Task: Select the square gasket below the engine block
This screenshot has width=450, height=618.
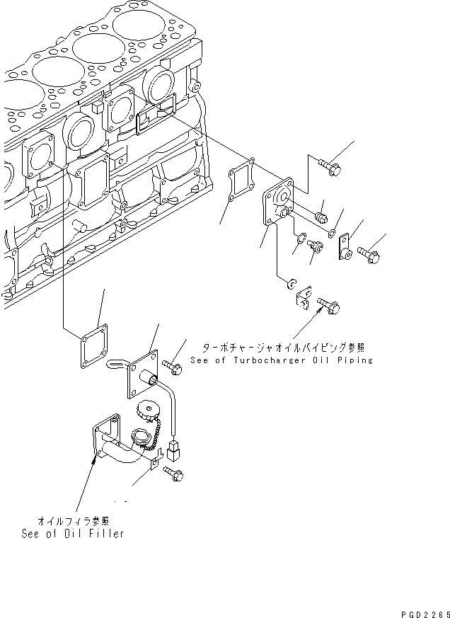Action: [92, 347]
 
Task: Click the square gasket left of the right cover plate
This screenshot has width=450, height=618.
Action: [241, 183]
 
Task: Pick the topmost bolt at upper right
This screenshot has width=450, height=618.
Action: [330, 168]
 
